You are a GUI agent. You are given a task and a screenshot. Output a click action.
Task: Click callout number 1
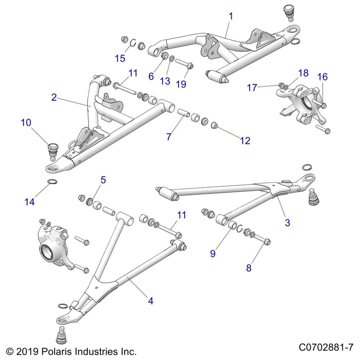point(231,17)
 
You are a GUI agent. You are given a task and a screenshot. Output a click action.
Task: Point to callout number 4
point(151,301)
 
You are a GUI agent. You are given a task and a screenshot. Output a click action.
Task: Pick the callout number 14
point(29,202)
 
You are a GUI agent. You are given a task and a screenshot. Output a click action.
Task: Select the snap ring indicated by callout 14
point(52,182)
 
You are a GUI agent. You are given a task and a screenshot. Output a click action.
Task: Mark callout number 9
point(213,253)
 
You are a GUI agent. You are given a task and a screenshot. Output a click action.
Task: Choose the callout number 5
point(103,180)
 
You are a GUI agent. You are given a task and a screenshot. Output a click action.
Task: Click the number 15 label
point(119,58)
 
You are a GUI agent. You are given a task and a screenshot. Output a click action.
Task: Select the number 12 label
point(244,140)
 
